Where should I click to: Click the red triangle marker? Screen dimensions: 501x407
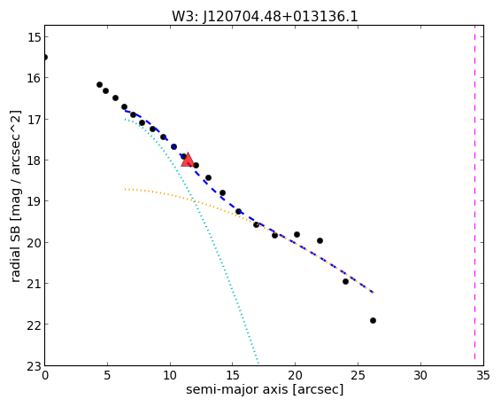tap(188, 160)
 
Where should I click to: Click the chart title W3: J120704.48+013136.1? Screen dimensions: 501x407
tap(265, 16)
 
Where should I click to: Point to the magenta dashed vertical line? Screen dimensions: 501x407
tap(474, 195)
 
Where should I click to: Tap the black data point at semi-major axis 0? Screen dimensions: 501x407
tap(45, 58)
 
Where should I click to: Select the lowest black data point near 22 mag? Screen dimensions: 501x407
tap(373, 320)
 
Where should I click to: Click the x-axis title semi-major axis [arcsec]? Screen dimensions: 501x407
tap(265, 389)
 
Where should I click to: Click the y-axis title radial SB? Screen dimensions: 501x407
tap(15, 196)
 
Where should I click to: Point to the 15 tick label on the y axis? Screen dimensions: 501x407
tap(34, 36)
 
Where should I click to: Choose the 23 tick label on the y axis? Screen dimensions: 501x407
tap(34, 365)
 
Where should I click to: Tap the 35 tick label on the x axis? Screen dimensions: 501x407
tap(482, 375)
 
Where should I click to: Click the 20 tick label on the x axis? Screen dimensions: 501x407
tap(295, 375)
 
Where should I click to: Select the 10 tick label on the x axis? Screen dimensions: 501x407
tap(170, 375)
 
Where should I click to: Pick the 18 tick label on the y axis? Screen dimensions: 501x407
tap(34, 160)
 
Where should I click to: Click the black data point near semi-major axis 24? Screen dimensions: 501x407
tap(345, 282)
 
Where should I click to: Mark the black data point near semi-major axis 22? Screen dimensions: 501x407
tap(320, 240)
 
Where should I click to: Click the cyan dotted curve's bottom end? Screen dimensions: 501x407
tap(258, 363)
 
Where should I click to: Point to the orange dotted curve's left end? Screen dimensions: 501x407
tap(126, 189)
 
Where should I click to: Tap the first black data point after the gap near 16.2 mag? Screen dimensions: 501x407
tap(99, 85)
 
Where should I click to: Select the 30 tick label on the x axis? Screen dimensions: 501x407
tap(420, 375)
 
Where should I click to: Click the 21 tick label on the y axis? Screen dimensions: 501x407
tap(34, 284)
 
